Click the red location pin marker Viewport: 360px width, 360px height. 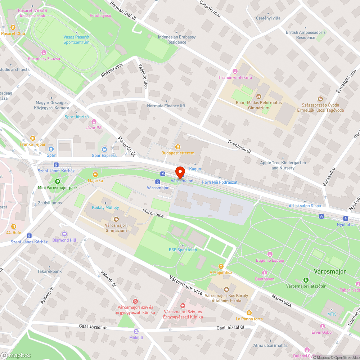coord(180,172)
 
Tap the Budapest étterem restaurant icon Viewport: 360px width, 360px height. coord(177,147)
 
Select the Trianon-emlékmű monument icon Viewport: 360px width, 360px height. coord(235,71)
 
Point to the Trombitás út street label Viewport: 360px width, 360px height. coord(239,146)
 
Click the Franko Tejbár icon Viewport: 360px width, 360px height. coord(33,138)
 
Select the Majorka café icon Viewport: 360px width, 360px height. coord(95,174)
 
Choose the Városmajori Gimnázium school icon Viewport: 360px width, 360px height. coord(116,219)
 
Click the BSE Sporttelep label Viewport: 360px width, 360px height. coord(183,250)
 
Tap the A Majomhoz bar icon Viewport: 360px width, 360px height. coord(221,266)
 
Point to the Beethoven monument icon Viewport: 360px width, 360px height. coord(265,273)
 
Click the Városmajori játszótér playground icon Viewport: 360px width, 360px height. coord(306,280)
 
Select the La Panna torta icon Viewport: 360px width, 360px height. coord(249,312)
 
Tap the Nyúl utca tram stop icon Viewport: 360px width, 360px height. coord(345,218)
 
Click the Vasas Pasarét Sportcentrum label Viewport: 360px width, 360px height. coord(76,40)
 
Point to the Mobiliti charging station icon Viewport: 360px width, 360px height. coord(136,331)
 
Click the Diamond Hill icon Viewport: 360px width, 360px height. coord(64,234)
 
